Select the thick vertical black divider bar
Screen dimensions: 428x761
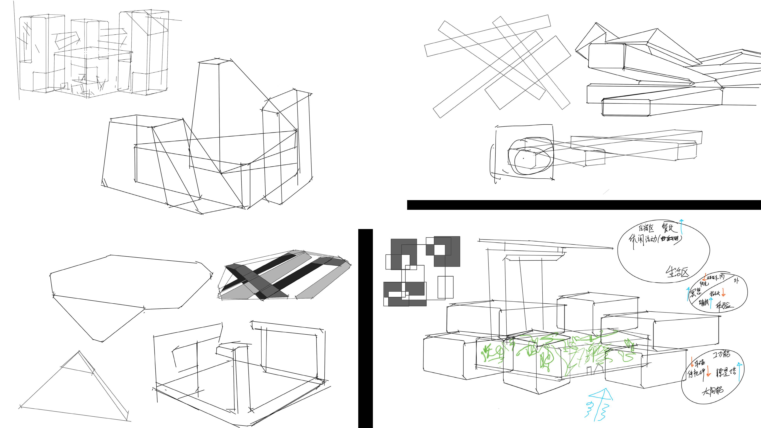[365, 328]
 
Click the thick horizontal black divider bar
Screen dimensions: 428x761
[583, 205]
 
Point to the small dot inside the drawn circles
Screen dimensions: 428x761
[524, 158]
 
